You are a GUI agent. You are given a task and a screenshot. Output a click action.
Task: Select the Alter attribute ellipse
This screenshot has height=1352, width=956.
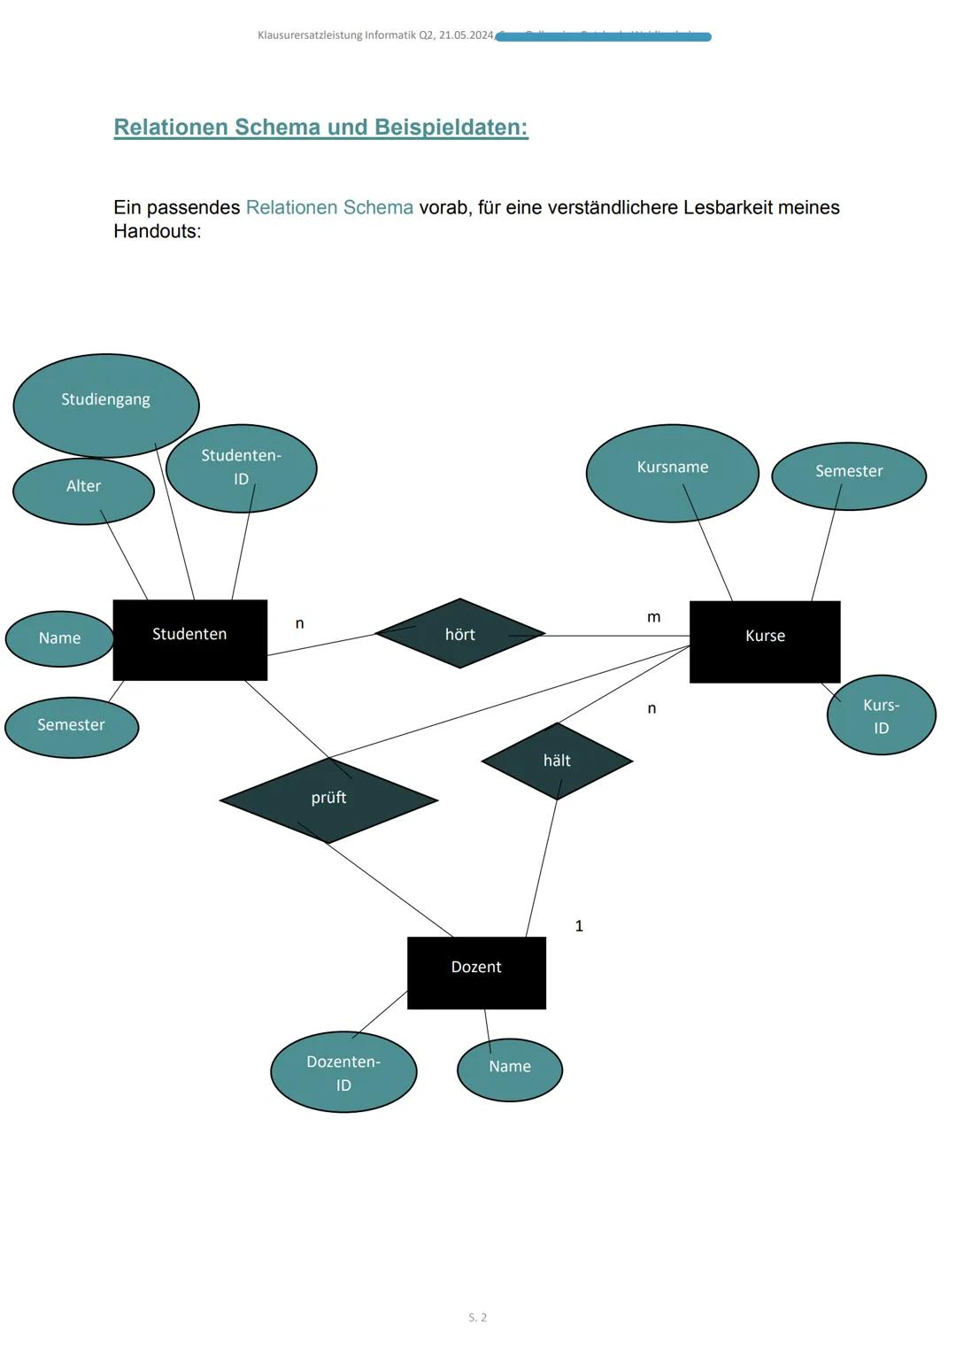point(83,490)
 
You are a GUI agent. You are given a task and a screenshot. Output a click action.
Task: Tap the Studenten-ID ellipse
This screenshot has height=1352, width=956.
point(241,467)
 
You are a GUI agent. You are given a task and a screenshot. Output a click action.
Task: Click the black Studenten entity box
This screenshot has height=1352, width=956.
point(189,639)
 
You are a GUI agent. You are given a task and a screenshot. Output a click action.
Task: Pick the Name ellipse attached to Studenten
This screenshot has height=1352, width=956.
point(59,638)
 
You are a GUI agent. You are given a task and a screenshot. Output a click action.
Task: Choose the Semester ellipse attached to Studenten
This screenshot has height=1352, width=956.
point(72,725)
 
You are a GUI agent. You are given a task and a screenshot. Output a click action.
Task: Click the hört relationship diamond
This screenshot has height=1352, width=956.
point(459,634)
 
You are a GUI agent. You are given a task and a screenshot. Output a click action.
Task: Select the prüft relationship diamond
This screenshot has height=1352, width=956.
point(328,800)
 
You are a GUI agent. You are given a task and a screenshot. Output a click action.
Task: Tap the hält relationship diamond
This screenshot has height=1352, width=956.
point(557,761)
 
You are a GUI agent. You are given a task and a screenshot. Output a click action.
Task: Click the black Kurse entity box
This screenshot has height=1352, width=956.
point(765,641)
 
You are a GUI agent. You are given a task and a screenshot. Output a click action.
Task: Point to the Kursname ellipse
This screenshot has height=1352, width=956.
point(673,473)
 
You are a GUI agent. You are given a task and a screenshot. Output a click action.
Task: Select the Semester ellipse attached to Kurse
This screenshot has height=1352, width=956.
point(849,475)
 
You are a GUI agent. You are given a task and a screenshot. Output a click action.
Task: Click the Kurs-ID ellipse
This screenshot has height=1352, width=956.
point(881,715)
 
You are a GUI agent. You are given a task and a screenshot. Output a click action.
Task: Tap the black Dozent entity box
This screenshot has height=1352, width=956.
point(476,972)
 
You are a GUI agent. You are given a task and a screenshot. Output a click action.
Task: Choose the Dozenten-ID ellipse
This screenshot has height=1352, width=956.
point(343,1072)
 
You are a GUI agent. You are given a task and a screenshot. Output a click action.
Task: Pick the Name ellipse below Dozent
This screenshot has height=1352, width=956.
point(510,1069)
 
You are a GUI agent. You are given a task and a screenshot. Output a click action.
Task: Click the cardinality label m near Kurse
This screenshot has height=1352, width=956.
point(653,617)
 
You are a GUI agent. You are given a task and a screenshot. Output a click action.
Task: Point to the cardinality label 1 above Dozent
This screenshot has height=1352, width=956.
point(579,926)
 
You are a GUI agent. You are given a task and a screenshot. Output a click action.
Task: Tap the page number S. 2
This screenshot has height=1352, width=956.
point(478,1317)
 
